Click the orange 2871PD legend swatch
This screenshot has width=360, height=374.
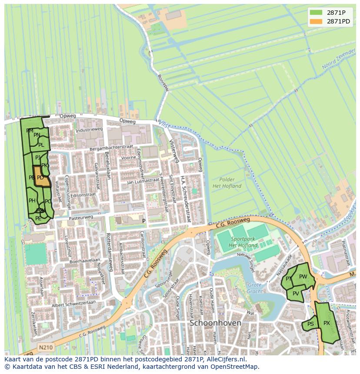[316, 22]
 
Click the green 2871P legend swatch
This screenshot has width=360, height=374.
[316, 13]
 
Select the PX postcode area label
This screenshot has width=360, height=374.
[327, 323]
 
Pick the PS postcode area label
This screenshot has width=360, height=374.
[310, 324]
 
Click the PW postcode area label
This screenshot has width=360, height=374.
[303, 277]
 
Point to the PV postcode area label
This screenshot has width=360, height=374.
[296, 294]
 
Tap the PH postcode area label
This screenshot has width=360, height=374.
[32, 201]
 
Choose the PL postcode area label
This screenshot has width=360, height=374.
[41, 145]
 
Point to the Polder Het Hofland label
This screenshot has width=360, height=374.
[227, 183]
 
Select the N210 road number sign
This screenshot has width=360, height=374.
[45, 347]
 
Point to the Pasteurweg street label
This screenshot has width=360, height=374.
[81, 217]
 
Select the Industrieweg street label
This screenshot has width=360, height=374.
[88, 129]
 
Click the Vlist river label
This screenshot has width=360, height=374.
[163, 124]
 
